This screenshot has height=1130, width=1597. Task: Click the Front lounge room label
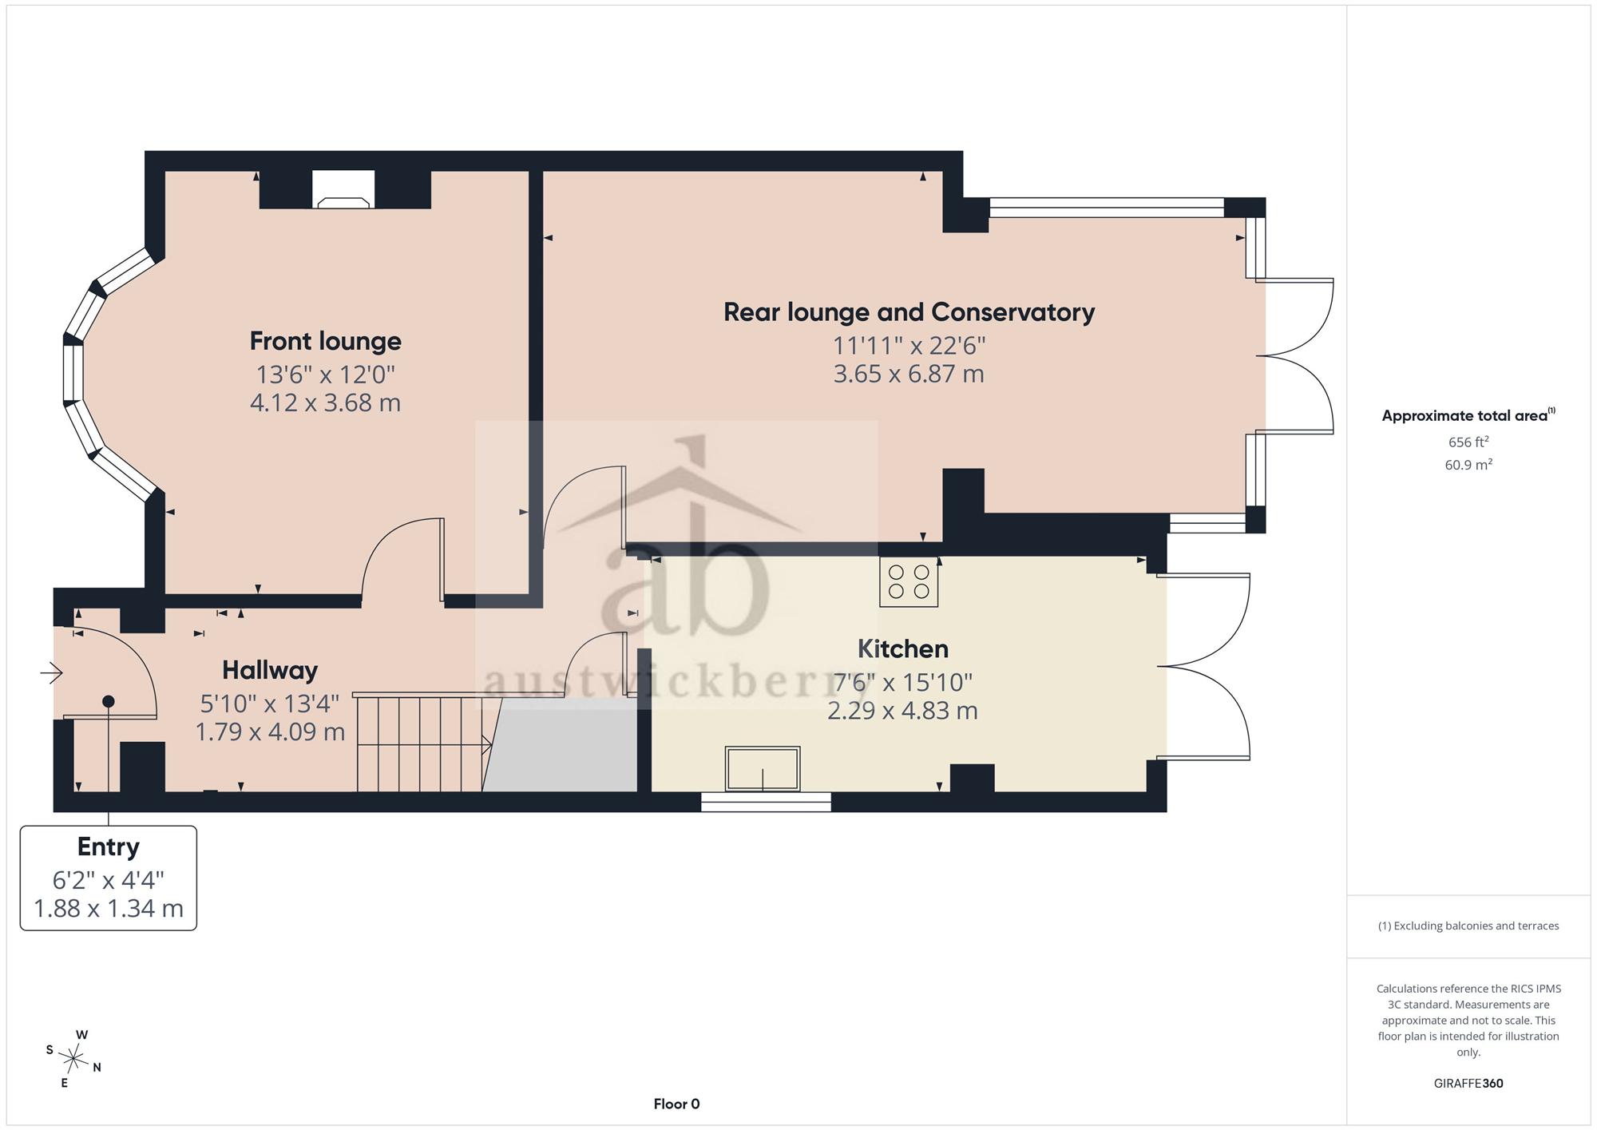coord(325,341)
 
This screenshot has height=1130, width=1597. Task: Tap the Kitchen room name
coord(903,648)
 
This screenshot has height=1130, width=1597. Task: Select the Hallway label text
coord(270,670)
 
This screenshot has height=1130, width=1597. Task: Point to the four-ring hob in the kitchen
coord(909,581)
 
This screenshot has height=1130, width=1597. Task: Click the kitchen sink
coord(763,768)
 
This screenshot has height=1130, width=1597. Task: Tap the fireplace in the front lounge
coord(343,190)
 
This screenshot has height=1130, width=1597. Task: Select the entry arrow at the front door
coord(52,673)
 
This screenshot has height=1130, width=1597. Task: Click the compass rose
coord(73,1060)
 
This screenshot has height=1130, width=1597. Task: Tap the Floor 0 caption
coord(676,1104)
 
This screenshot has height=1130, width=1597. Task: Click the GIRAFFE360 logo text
coord(1468,1084)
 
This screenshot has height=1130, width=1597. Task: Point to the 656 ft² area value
coord(1468,442)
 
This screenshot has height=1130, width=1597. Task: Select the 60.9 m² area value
coord(1468,465)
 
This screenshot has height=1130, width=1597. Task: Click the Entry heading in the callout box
coord(109,847)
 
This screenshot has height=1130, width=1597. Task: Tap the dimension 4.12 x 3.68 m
coord(325,402)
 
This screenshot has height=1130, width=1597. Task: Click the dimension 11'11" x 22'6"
coord(909,346)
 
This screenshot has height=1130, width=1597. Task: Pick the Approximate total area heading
coord(1468,415)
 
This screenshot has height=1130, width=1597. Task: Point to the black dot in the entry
coord(109,701)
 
